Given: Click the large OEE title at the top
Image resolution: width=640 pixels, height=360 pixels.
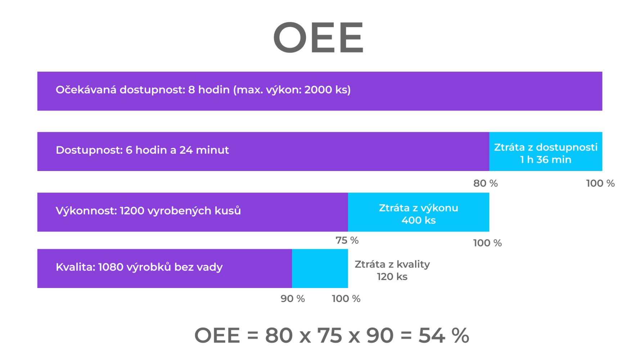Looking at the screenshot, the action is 319,37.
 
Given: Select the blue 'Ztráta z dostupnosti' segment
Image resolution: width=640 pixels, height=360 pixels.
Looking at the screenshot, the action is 546,152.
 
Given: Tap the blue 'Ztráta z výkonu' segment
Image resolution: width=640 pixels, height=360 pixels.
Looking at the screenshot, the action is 419,212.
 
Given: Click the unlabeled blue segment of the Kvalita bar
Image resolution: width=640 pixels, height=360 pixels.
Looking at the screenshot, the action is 320,269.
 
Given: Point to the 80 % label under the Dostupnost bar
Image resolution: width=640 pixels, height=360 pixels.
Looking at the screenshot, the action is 486,183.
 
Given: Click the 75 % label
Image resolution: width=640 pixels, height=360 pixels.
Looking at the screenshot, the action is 347,240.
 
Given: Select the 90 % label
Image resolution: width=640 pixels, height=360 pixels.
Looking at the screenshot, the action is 293,299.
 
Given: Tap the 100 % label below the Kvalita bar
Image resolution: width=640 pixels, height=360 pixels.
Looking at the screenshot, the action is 346,299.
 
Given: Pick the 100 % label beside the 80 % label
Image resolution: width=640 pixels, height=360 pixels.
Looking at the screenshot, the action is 600,183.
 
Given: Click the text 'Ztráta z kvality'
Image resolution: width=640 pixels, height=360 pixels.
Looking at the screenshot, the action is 392,264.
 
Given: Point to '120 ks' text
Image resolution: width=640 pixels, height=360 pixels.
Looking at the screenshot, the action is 392,276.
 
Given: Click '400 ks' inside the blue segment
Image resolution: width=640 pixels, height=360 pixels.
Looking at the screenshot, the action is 419,220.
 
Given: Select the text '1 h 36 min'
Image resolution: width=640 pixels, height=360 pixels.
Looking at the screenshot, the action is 546,159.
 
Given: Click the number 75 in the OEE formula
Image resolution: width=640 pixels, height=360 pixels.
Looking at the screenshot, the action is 330,336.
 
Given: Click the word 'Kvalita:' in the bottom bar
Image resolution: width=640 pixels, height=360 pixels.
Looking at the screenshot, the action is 75,267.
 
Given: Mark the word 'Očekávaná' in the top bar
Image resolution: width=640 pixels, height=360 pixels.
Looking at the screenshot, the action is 86,89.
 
